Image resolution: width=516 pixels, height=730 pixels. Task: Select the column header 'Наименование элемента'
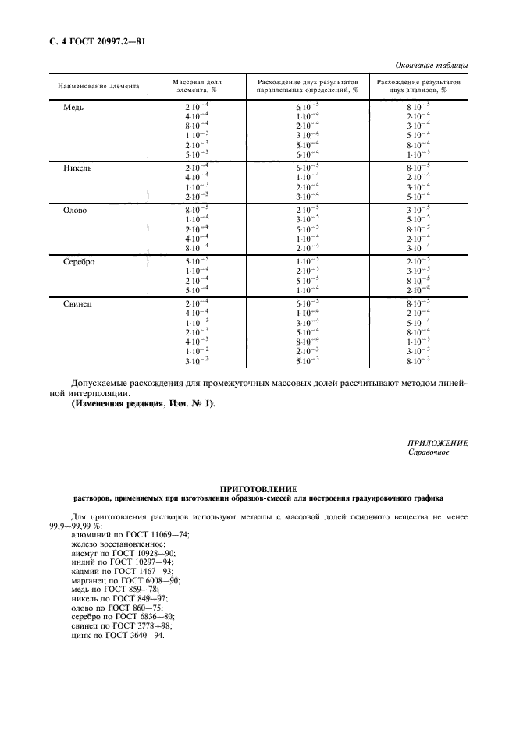coord(94,85)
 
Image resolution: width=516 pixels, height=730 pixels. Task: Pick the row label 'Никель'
coord(78,168)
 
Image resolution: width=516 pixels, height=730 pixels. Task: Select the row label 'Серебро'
coord(79,262)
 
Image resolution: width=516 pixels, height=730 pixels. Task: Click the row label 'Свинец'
coord(78,303)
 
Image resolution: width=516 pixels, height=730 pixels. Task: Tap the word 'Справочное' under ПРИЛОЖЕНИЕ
coord(428,452)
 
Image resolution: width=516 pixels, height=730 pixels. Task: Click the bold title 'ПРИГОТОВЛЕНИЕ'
coord(258,487)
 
